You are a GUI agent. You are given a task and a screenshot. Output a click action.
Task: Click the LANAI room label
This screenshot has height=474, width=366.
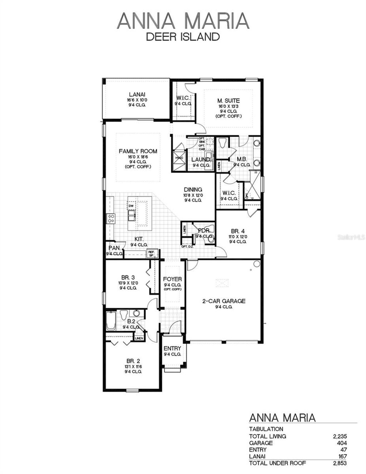pos(135,94)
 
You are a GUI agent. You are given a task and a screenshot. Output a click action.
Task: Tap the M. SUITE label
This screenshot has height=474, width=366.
pos(229,101)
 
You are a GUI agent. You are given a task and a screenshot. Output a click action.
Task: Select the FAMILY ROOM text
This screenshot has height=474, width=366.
pos(138,151)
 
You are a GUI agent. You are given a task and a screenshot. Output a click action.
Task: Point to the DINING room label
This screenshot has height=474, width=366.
pos(193,189)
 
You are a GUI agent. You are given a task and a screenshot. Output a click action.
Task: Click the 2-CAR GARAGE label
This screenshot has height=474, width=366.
pos(224,301)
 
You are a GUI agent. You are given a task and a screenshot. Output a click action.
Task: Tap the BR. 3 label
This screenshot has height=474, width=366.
pos(128,277)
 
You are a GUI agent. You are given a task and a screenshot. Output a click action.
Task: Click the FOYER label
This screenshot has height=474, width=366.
pos(172,279)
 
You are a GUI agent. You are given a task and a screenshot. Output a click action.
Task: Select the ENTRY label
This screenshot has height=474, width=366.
pos(172,349)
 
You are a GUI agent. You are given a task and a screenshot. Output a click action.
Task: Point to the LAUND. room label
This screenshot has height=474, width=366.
pos(201,159)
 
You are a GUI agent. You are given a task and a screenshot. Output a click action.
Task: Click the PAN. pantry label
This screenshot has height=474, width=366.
pos(114,248)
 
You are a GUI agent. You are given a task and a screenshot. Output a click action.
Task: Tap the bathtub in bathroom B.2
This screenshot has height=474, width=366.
pos(110,321)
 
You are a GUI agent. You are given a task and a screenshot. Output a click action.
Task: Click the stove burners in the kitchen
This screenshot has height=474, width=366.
pos(110,218)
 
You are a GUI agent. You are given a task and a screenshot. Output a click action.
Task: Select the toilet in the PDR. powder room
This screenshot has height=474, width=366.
pos(211,238)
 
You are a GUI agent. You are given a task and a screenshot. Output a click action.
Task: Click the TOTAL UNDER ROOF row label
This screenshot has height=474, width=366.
pos(277,463)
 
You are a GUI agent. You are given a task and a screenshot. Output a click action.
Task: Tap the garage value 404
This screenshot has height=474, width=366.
pos(342,443)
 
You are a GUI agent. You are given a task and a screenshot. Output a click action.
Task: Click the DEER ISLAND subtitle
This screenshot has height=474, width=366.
pos(183,36)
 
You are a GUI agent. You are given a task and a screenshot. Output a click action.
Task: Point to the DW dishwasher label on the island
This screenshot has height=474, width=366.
pos(131,206)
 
